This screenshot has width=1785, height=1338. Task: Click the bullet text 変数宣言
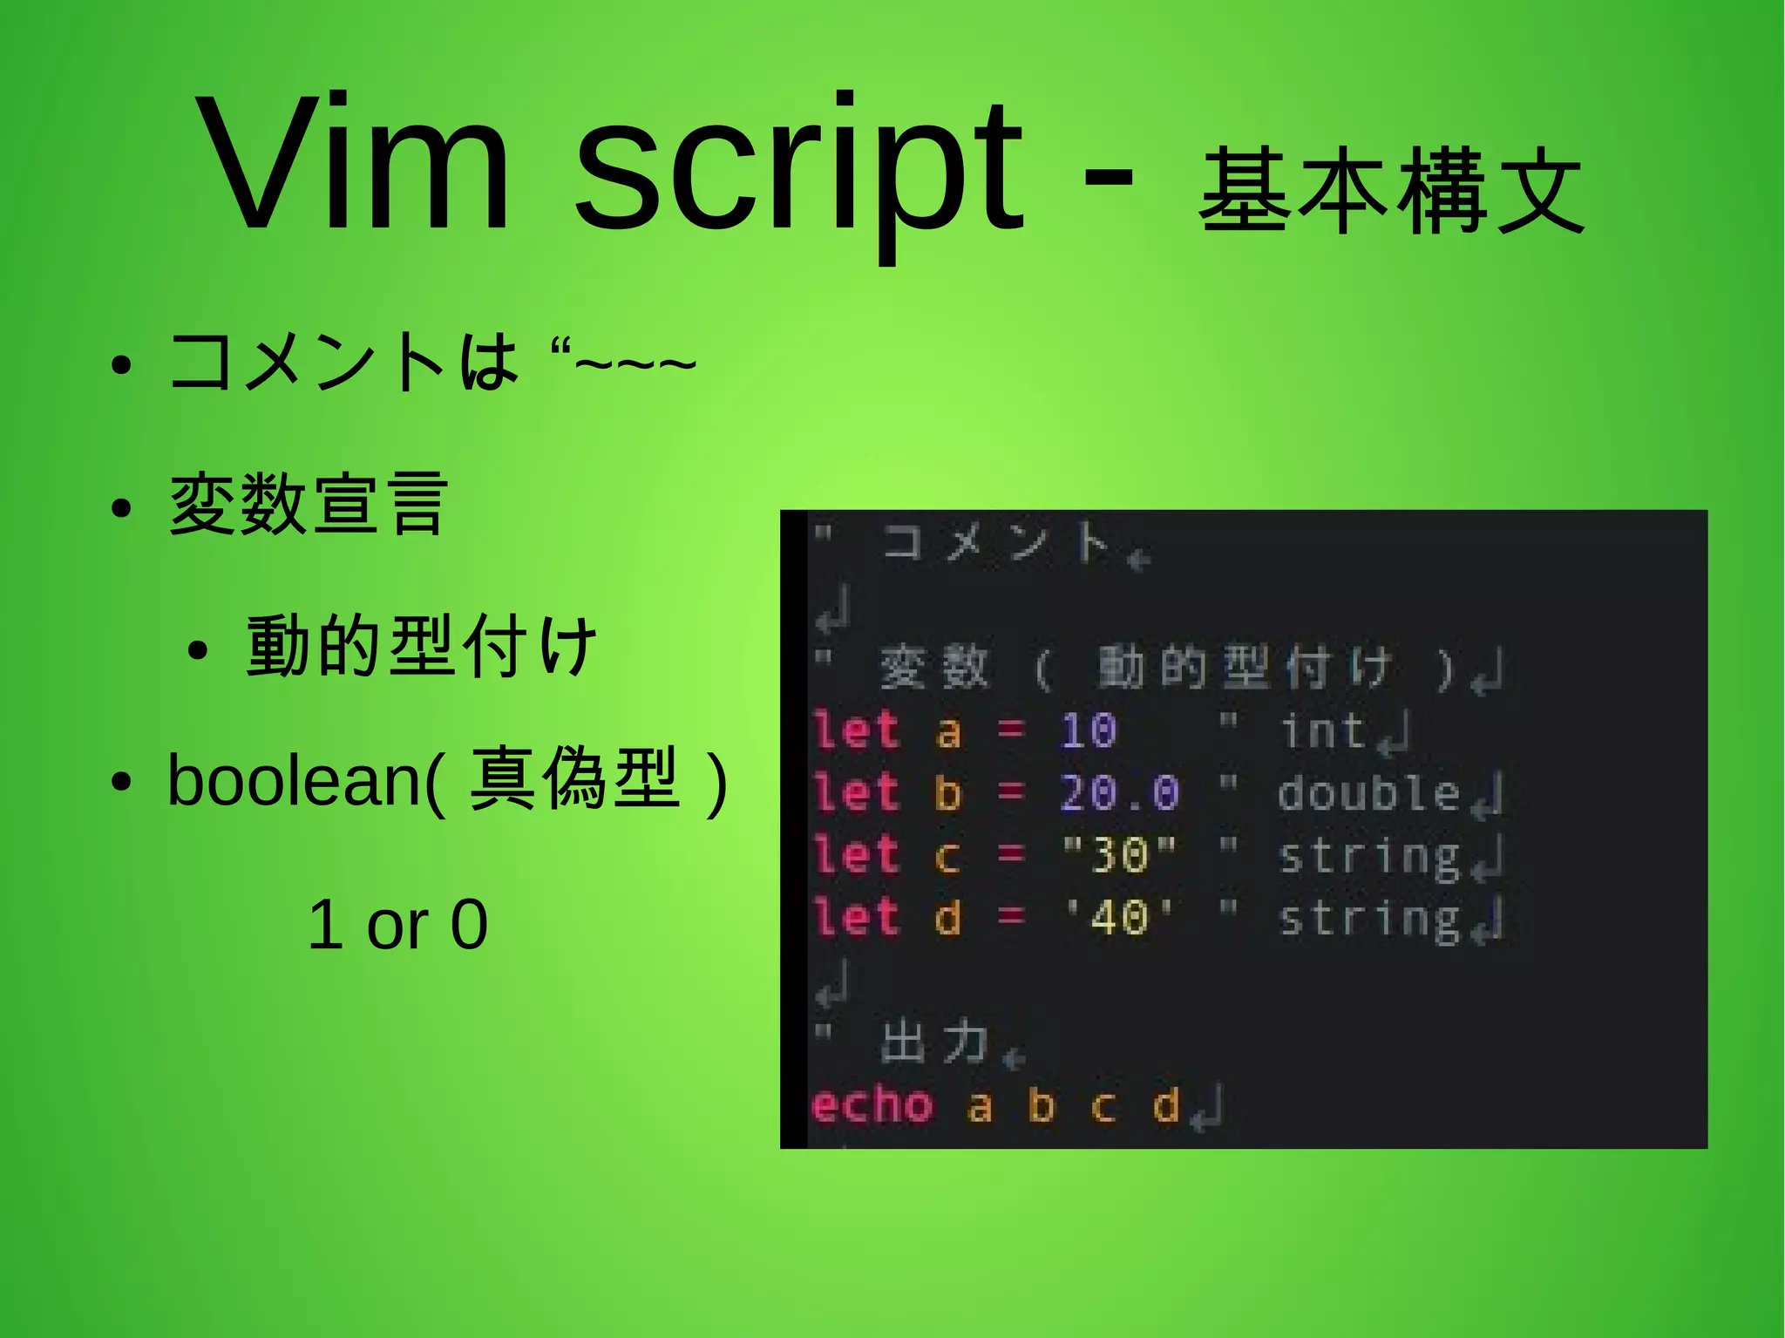[x=308, y=505]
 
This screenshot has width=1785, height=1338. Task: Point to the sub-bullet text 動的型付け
[x=422, y=646]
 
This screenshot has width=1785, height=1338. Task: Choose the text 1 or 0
[x=397, y=924]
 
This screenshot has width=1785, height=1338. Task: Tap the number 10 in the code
[x=1088, y=730]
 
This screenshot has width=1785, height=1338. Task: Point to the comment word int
[x=1322, y=730]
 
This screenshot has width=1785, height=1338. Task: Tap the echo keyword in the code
[x=872, y=1105]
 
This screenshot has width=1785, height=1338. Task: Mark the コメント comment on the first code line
[x=994, y=542]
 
